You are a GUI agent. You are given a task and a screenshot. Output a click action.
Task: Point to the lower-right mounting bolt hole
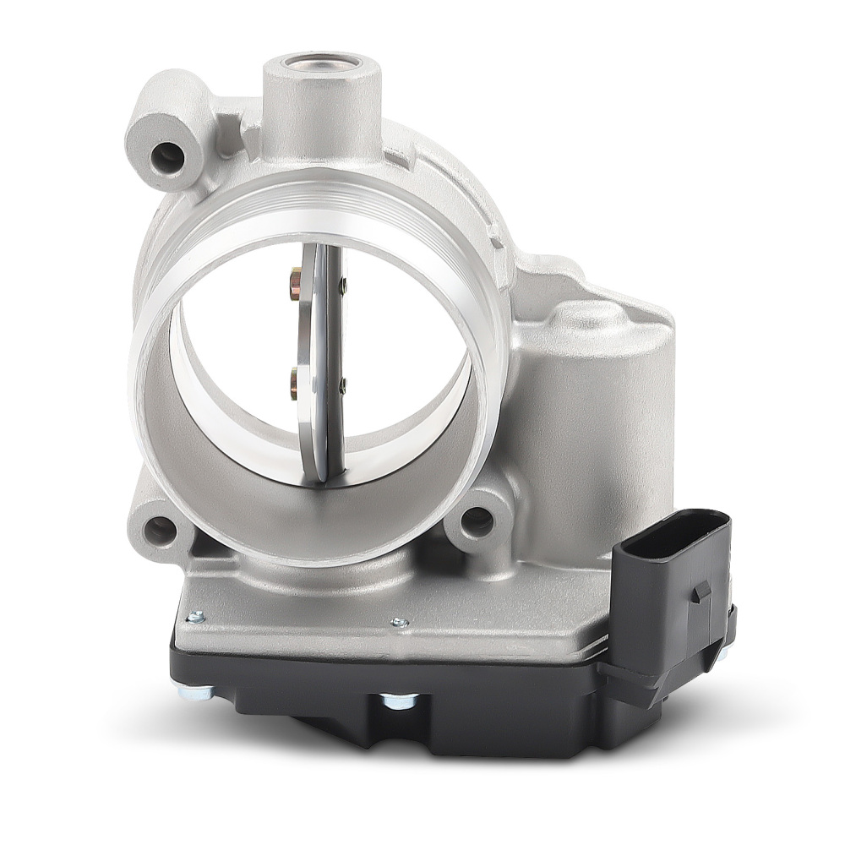coord(477,521)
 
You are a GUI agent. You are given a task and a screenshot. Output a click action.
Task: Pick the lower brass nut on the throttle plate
coord(294,381)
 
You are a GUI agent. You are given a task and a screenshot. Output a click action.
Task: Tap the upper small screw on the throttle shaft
coord(342,286)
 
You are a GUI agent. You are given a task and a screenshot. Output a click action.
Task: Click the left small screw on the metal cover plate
coord(196,618)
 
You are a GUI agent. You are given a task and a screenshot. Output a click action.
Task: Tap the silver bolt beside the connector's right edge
coord(724,651)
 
